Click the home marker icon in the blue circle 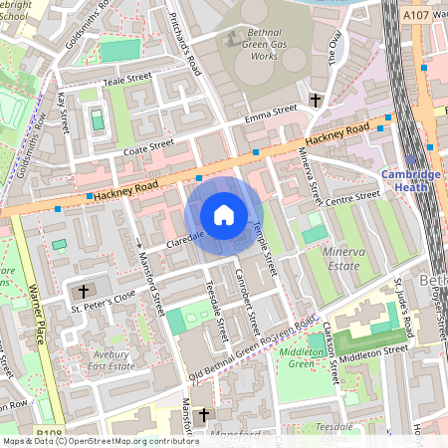point(223,214)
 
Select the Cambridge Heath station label point(410,180)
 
